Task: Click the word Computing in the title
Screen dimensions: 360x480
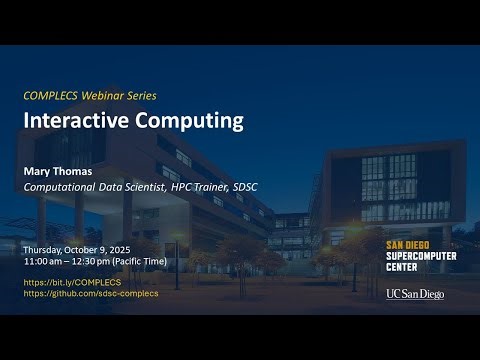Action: pos(185,121)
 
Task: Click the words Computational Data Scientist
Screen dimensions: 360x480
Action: pos(88,185)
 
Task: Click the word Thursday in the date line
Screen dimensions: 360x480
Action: pos(44,248)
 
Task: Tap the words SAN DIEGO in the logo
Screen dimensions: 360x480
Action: pos(407,244)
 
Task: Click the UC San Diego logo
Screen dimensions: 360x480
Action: pos(414,294)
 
